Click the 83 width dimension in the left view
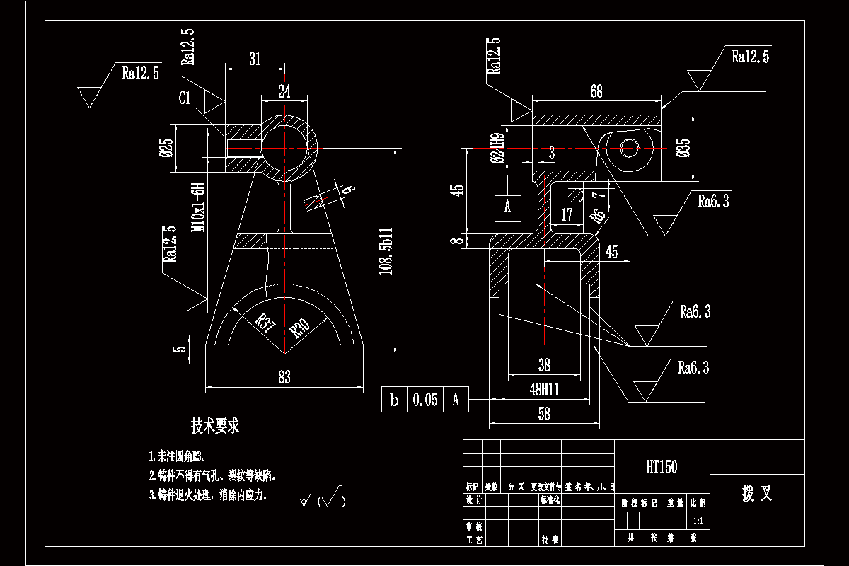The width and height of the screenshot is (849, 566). click(x=284, y=377)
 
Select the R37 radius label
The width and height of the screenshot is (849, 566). click(x=266, y=324)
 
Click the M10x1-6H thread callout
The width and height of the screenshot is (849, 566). click(x=199, y=207)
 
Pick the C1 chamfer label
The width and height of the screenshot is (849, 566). click(x=185, y=98)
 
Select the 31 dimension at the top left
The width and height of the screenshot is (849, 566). click(x=255, y=59)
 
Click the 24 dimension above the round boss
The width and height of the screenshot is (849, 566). click(x=284, y=91)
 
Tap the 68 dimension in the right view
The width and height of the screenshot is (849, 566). click(x=596, y=91)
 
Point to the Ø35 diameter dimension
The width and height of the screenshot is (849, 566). click(x=683, y=149)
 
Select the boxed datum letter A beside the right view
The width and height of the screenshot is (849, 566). click(x=507, y=207)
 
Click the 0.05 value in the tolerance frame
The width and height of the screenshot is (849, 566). click(x=425, y=400)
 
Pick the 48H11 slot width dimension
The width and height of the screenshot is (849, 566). click(x=543, y=389)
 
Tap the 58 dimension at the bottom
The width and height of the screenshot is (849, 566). click(x=543, y=415)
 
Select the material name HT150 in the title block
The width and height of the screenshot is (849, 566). click(x=662, y=467)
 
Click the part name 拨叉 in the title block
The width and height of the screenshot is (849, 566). click(x=756, y=494)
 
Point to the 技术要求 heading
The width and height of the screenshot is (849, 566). click(x=215, y=426)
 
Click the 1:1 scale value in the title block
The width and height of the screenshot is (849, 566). click(x=698, y=521)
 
